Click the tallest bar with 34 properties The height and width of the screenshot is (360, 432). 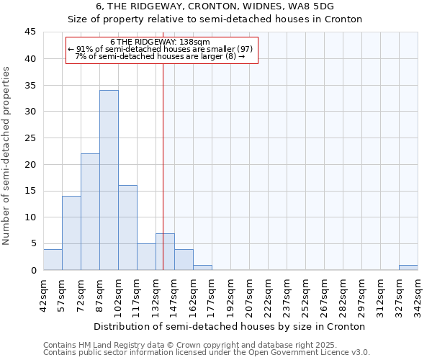click(x=109, y=180)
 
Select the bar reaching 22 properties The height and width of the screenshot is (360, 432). click(x=90, y=212)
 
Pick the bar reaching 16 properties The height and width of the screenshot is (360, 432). click(x=127, y=228)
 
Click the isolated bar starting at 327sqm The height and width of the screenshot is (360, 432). click(x=408, y=267)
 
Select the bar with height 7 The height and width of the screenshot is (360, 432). click(x=165, y=251)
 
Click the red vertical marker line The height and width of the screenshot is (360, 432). click(x=163, y=166)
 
